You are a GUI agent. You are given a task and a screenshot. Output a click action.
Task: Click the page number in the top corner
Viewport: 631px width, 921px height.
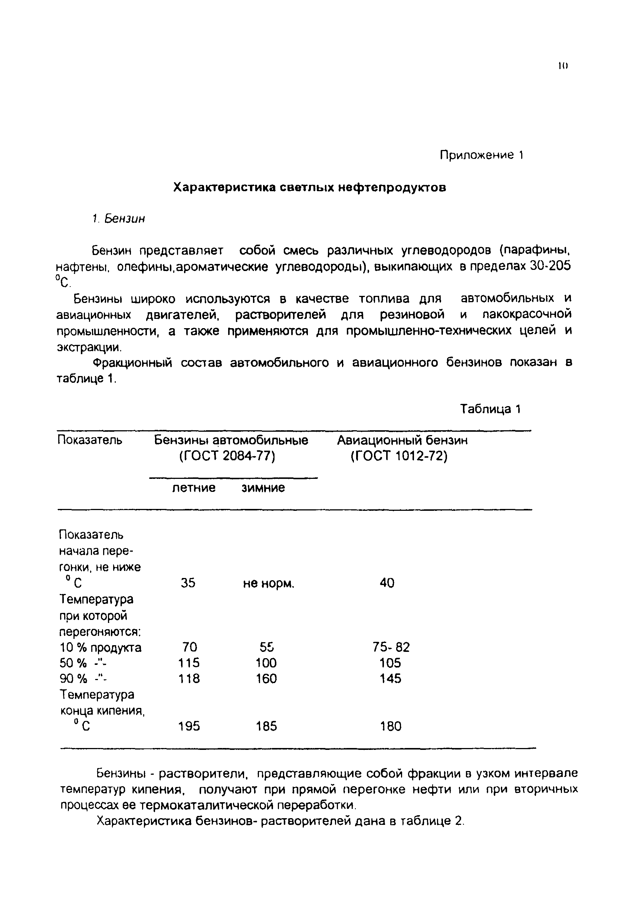click(563, 66)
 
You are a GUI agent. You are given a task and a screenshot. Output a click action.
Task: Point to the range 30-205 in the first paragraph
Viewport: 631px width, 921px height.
click(550, 265)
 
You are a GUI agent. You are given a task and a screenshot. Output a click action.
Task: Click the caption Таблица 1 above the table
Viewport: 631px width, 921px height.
click(490, 409)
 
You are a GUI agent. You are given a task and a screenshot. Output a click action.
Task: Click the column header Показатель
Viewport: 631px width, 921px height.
click(89, 440)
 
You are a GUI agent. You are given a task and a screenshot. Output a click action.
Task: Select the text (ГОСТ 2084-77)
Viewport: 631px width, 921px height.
click(227, 456)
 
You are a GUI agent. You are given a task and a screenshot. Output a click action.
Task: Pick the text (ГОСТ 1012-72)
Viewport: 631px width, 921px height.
click(399, 456)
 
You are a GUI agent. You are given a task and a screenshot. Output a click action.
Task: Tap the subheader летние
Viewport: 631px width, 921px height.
click(194, 487)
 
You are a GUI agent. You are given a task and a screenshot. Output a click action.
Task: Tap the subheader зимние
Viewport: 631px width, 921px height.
click(263, 487)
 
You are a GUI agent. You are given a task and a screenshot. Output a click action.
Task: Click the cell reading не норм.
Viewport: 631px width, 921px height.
click(269, 583)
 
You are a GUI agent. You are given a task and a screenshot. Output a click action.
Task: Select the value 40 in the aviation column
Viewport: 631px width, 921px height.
click(387, 583)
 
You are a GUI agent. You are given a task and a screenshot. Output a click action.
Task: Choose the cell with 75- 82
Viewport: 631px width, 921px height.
click(391, 647)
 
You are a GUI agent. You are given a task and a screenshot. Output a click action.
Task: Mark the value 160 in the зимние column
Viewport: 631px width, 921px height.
click(266, 679)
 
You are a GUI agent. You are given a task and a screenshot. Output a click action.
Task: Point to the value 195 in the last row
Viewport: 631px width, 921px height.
click(189, 726)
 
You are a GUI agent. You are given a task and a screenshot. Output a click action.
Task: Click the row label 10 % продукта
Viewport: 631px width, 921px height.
click(101, 647)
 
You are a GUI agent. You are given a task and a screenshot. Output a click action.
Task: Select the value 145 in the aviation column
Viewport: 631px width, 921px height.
click(390, 679)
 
